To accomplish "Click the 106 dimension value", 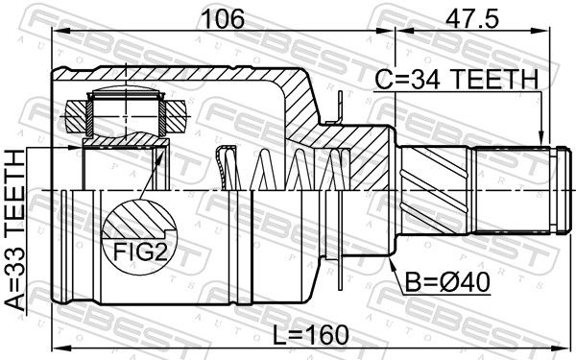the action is point(224,19).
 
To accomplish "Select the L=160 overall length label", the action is point(311,335).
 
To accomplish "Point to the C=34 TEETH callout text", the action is point(457,80).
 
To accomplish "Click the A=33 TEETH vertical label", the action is point(15,230).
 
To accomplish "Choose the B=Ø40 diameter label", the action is point(447,282).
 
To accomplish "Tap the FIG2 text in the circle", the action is point(140,252).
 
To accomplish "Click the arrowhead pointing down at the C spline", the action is point(540,139).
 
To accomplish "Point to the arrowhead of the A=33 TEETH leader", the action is point(75,148).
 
